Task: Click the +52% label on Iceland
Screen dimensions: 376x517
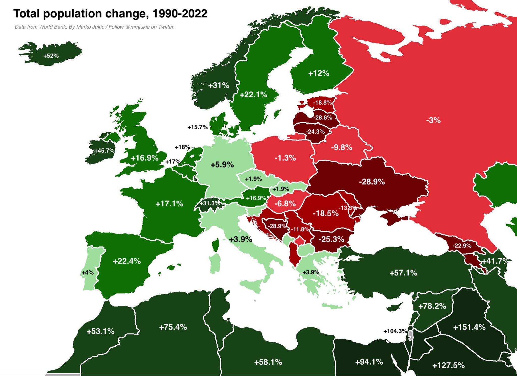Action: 51,56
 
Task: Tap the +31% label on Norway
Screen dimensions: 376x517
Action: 219,85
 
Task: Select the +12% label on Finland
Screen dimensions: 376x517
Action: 319,74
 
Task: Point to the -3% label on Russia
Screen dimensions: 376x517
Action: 433,120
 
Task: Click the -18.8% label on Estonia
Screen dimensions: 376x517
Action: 322,103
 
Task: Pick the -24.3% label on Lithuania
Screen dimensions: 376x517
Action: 315,132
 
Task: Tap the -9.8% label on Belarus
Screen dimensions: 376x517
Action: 342,147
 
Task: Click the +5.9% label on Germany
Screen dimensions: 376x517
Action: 222,165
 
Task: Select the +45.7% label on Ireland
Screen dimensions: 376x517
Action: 105,151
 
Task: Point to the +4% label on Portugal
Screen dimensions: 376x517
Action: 88,273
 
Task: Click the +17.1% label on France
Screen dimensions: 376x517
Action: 169,204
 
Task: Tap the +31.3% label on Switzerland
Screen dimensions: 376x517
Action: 210,203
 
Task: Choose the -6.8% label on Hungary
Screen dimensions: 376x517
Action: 285,203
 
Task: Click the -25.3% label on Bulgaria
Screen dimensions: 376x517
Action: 331,239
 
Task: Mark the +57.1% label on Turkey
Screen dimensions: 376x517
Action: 403,273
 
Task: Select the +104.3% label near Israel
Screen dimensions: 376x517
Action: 395,331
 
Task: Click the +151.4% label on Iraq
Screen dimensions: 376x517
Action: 469,327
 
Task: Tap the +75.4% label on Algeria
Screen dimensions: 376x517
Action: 173,327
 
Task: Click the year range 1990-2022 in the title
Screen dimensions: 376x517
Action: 180,14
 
